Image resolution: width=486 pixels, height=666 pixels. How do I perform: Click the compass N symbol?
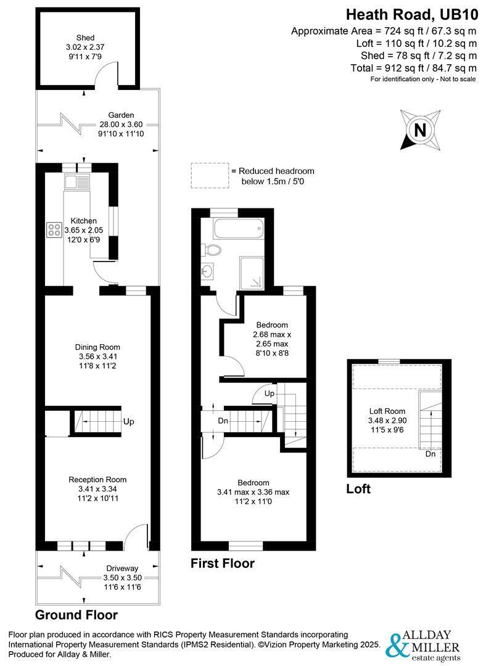420,129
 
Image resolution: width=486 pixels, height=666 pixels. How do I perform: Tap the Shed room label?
85,38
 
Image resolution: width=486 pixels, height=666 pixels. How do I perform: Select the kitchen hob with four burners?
54,230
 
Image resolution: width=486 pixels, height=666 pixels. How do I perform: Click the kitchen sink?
77,182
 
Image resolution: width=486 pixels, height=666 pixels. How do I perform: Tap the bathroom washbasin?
208,271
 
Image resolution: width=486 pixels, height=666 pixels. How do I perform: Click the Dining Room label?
97,347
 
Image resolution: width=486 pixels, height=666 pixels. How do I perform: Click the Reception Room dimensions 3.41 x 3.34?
97,489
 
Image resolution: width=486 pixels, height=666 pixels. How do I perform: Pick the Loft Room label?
387,411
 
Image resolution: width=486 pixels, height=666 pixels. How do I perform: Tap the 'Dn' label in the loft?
430,454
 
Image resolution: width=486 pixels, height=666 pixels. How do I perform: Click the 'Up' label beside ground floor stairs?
129,421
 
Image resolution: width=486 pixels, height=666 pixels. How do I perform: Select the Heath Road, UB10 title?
411,15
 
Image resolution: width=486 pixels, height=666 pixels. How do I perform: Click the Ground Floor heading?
76,615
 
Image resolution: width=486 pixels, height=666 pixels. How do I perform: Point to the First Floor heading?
223,563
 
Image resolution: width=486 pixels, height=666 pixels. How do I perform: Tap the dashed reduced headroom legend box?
210,176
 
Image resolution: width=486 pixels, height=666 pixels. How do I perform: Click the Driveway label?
122,569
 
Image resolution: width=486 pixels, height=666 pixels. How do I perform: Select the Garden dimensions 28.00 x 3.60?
121,125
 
